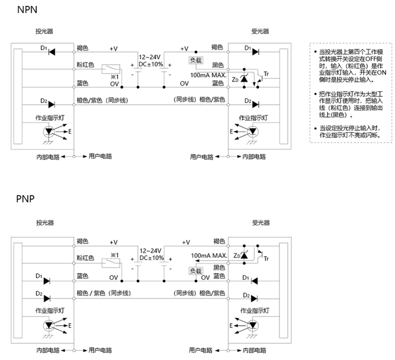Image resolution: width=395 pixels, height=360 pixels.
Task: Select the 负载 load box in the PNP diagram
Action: (x=196, y=271)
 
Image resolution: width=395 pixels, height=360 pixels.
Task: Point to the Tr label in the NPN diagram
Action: (x=266, y=74)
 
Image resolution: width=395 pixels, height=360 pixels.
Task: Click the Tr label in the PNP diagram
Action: (x=267, y=258)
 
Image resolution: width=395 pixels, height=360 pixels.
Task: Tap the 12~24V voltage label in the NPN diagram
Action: (x=150, y=57)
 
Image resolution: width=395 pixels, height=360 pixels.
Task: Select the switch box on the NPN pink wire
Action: (x=109, y=69)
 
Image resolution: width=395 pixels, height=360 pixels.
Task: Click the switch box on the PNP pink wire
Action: (x=109, y=262)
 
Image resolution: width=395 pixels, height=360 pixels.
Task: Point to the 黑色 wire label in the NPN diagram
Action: (x=218, y=65)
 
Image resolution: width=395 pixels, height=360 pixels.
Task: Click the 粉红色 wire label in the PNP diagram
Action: (x=85, y=257)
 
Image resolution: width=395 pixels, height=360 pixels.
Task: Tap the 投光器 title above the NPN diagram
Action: (x=44, y=31)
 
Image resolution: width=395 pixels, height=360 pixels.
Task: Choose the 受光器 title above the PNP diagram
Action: (x=261, y=223)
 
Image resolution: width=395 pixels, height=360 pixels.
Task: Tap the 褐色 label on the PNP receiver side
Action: (x=218, y=241)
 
